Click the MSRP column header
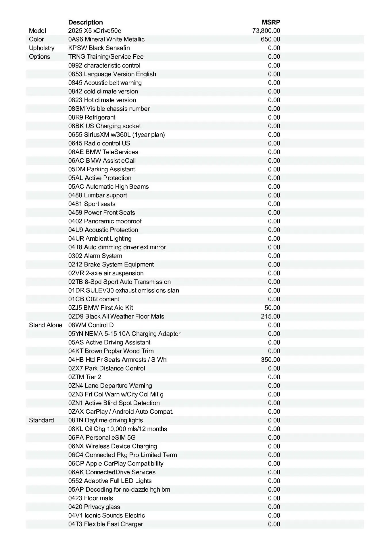[271, 22]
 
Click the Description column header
[85, 22]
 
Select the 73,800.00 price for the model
[266, 31]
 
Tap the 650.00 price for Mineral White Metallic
[270, 39]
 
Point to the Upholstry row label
[41, 48]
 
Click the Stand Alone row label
[45, 325]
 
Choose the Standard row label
[41, 420]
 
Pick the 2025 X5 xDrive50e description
[95, 31]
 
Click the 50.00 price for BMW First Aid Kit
[272, 308]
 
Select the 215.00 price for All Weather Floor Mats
[270, 317]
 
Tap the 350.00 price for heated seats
[270, 360]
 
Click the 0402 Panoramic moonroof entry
[105, 221]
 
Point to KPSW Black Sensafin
[99, 48]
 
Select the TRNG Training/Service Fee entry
[106, 57]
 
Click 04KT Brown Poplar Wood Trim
[111, 351]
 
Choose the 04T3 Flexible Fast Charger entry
[105, 524]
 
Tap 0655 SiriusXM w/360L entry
[116, 135]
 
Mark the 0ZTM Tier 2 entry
[84, 377]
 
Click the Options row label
[39, 57]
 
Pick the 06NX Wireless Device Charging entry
[113, 446]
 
